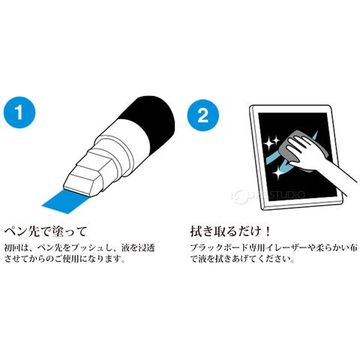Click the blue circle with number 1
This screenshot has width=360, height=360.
(x=19, y=112)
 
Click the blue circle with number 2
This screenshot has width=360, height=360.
(x=203, y=115)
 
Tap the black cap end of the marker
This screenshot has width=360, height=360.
(x=152, y=118)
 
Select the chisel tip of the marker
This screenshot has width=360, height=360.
(x=83, y=181)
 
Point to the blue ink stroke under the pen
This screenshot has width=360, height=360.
(x=65, y=201)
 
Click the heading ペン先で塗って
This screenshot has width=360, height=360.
(x=46, y=231)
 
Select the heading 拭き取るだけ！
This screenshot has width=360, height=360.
(x=230, y=231)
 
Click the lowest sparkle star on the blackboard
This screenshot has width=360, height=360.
(x=277, y=172)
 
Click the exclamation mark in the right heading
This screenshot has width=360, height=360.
(x=268, y=231)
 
